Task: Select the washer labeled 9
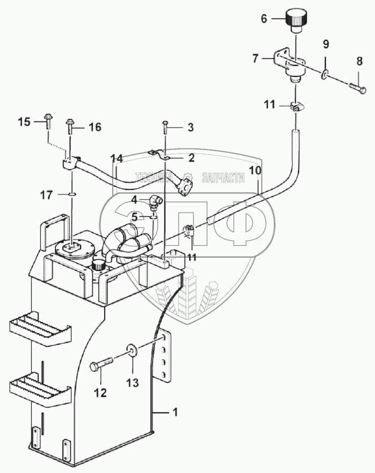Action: click(324, 76)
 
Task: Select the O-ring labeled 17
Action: click(72, 194)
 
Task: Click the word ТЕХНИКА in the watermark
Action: click(153, 177)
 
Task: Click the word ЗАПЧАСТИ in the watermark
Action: click(223, 177)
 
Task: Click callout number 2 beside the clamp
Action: click(191, 158)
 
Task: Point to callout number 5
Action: click(134, 216)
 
